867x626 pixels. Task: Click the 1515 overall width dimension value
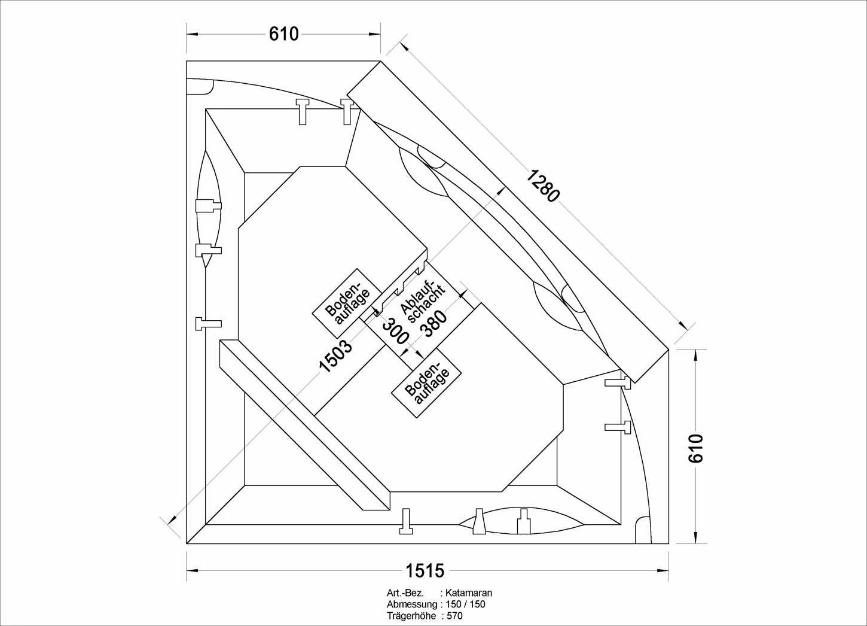click(425, 570)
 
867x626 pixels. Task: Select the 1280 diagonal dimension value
click(543, 185)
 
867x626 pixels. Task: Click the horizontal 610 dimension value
click(283, 34)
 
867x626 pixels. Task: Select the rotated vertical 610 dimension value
click(695, 448)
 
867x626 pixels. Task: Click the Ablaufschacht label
click(422, 302)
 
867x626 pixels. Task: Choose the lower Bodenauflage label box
click(428, 384)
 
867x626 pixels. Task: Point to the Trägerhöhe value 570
click(454, 616)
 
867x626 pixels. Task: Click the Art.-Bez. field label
click(405, 593)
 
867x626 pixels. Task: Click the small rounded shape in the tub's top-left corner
click(200, 86)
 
